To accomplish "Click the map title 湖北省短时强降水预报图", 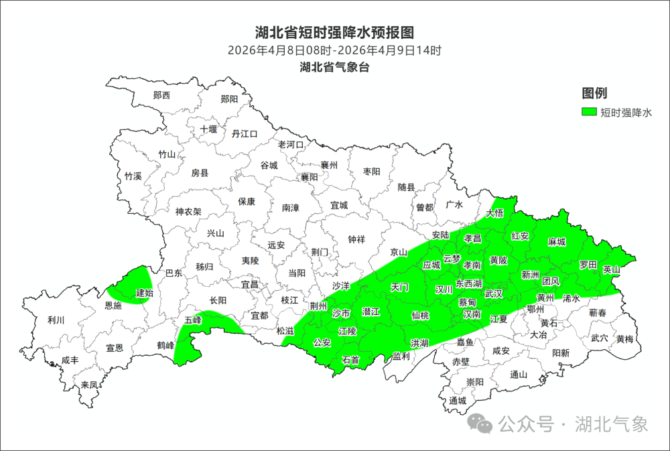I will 334,32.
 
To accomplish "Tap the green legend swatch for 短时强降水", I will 589,113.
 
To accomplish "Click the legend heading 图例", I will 594,93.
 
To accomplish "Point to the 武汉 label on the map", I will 493,294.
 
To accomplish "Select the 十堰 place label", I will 208,129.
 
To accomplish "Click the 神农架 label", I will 188,212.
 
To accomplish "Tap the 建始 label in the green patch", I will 144,293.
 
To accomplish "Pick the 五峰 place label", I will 193,320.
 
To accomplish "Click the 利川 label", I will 56,320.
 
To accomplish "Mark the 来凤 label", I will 89,385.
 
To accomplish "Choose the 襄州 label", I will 329,165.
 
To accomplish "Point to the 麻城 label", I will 557,242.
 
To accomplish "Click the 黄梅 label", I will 625,339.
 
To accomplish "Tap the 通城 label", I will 458,401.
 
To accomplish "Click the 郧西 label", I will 161,95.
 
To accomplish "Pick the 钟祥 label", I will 356,239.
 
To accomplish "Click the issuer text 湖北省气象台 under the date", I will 334,67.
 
